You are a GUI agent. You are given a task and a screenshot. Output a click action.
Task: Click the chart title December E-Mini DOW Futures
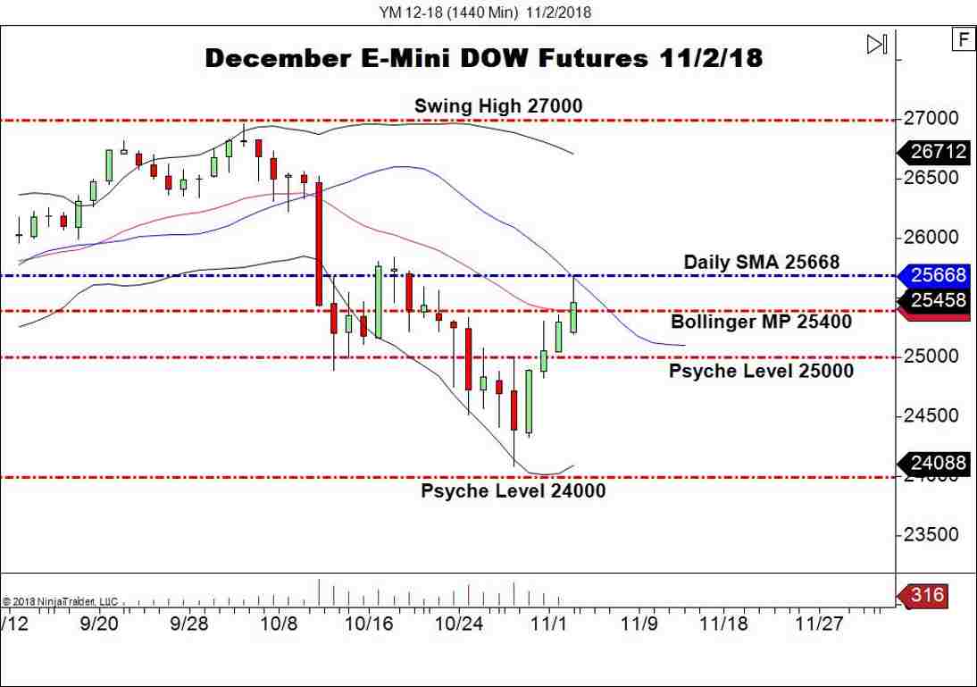point(483,59)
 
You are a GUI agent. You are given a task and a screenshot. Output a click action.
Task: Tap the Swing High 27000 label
point(497,106)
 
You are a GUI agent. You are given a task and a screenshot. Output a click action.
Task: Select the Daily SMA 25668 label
point(761,262)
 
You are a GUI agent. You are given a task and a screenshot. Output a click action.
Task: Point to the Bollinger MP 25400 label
point(761,322)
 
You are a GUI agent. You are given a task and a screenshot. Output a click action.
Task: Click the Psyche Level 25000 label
point(761,370)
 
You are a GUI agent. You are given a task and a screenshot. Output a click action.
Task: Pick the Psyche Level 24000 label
point(513,490)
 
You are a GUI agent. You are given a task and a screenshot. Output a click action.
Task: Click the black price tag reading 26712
point(938,152)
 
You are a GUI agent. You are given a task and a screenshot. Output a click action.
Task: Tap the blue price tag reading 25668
point(938,275)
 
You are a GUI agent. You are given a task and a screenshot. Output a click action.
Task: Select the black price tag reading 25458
point(938,300)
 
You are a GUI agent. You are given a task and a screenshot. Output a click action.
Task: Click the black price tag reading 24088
point(938,463)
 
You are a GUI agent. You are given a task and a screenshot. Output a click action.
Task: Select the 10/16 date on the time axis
point(370,623)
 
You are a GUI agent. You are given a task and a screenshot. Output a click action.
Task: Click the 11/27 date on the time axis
point(821,623)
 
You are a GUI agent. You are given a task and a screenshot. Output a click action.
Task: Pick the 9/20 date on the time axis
point(100,623)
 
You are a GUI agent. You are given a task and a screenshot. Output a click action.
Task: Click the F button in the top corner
point(963,39)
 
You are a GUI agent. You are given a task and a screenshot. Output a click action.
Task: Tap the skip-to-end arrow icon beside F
point(877,44)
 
